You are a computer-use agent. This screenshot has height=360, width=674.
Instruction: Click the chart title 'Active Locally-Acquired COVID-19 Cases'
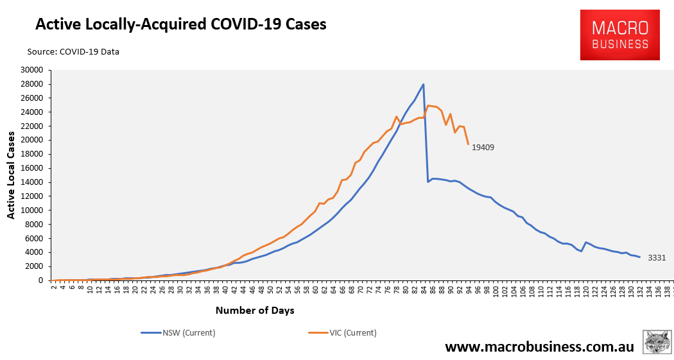click(180, 24)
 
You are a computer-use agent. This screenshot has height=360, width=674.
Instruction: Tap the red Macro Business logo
click(619, 35)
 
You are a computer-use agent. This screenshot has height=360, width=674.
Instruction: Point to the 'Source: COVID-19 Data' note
click(73, 51)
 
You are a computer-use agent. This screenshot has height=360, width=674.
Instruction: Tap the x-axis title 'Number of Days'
click(255, 311)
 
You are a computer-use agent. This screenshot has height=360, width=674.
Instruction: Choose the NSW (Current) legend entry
click(178, 332)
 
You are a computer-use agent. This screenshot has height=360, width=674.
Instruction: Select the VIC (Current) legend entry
click(344, 332)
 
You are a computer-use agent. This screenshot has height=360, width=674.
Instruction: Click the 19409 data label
click(483, 148)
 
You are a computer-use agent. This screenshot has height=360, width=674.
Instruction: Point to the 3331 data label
click(655, 257)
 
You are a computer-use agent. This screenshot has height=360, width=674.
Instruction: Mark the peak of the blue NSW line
click(423, 84)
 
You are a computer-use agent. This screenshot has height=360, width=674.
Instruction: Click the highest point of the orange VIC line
click(428, 105)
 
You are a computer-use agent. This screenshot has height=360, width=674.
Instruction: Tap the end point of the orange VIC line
click(469, 144)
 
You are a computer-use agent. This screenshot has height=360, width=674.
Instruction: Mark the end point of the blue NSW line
click(639, 257)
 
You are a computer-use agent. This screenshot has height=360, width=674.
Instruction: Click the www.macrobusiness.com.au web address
click(539, 347)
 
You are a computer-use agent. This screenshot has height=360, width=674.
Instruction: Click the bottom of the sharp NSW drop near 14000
click(428, 182)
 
